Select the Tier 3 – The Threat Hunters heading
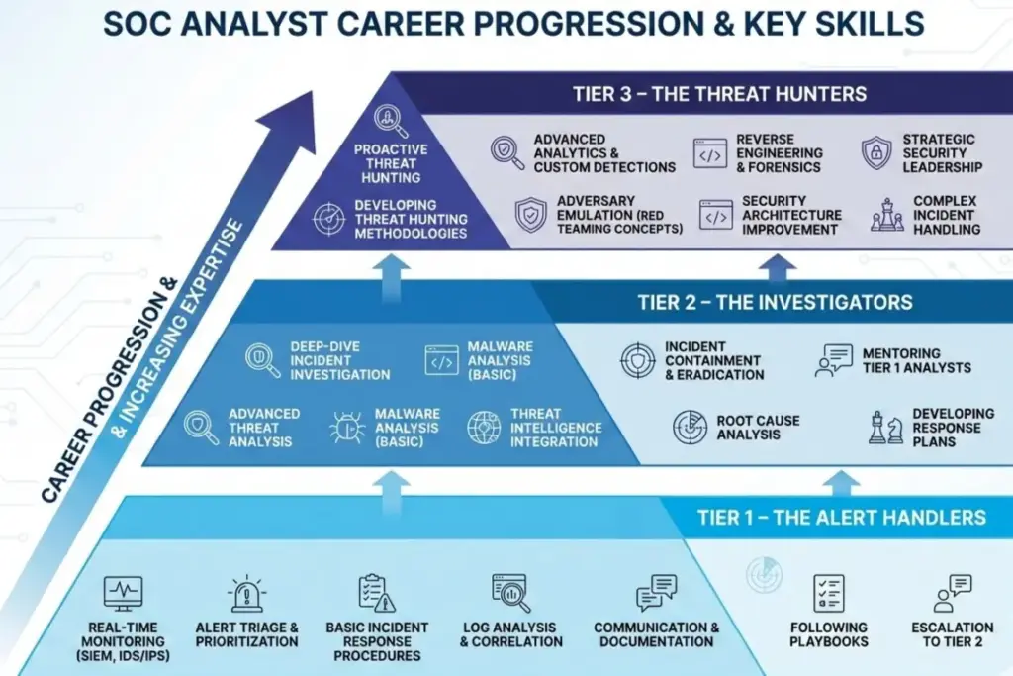(x=719, y=95)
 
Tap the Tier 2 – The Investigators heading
(x=775, y=302)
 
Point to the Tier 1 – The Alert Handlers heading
(x=841, y=517)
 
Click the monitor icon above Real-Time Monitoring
(x=124, y=593)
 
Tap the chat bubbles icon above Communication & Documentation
(x=656, y=593)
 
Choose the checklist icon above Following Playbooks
(x=828, y=593)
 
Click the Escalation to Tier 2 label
(x=953, y=634)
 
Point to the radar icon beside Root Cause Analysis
(x=690, y=427)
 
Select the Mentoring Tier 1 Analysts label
(x=916, y=360)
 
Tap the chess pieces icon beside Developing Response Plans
(x=884, y=427)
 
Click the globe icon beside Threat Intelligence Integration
(x=484, y=427)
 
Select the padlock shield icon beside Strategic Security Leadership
(x=876, y=152)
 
